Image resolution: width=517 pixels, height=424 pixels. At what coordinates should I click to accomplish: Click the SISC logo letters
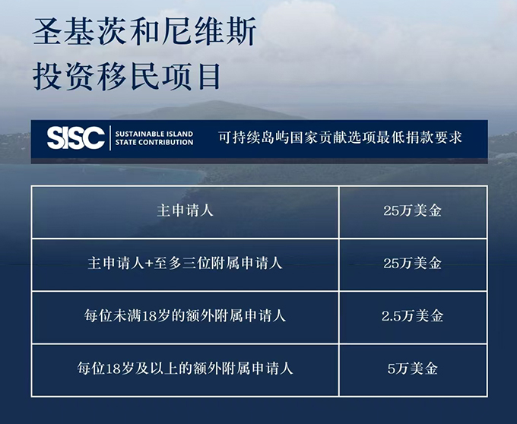pyautogui.click(x=76, y=138)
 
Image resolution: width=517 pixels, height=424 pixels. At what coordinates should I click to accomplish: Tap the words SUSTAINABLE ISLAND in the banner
pyautogui.click(x=154, y=134)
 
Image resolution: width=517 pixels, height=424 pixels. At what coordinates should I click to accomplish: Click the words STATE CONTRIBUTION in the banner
pyautogui.click(x=154, y=142)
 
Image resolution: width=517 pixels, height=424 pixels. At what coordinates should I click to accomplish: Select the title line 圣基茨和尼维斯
pyautogui.click(x=144, y=32)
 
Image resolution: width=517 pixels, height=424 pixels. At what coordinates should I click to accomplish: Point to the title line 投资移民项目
pyautogui.click(x=126, y=77)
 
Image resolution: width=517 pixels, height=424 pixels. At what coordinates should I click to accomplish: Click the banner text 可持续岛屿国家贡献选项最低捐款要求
pyautogui.click(x=340, y=138)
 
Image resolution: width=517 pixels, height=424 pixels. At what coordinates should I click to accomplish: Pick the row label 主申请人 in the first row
pyautogui.click(x=185, y=210)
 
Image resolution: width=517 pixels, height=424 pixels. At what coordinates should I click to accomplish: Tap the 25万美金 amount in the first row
pyautogui.click(x=413, y=210)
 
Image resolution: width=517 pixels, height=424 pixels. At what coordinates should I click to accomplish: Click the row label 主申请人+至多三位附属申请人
pyautogui.click(x=185, y=264)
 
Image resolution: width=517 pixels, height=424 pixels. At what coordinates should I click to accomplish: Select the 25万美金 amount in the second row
pyautogui.click(x=413, y=264)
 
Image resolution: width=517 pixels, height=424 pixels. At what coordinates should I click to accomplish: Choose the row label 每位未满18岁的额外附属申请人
pyautogui.click(x=185, y=316)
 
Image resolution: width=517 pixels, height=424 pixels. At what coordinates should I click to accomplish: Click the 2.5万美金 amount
pyautogui.click(x=413, y=316)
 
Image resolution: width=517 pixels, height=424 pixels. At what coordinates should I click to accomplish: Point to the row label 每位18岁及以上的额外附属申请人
pyautogui.click(x=185, y=369)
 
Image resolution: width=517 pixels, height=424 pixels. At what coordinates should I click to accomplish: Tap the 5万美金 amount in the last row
pyautogui.click(x=413, y=369)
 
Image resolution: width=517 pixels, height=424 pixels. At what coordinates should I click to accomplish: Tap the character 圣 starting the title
pyautogui.click(x=47, y=32)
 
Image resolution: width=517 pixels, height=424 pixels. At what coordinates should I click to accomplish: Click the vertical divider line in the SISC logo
pyautogui.click(x=110, y=138)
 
